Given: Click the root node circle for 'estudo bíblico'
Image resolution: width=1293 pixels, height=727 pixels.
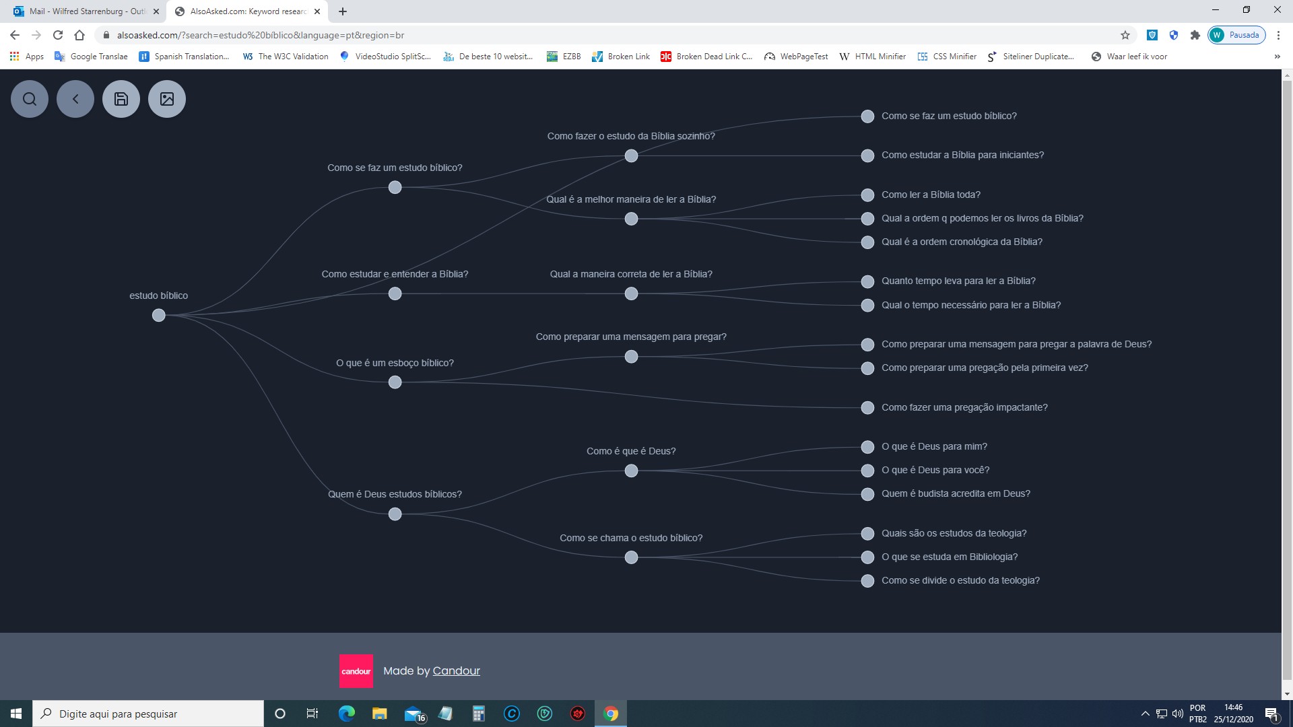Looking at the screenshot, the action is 158,315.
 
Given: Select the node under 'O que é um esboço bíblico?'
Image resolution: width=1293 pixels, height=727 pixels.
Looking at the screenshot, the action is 395,382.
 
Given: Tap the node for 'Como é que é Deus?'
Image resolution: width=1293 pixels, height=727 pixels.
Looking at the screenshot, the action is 631,471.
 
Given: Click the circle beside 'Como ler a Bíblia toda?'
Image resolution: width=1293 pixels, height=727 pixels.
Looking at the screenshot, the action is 868,195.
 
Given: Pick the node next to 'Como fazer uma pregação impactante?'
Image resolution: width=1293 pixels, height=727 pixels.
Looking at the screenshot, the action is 868,408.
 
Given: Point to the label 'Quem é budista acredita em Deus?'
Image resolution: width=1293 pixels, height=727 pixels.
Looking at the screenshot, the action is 956,493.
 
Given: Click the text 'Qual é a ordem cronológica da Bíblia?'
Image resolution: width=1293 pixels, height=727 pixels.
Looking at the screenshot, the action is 962,242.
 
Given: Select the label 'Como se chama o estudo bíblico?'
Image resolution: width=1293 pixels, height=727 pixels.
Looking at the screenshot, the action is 631,538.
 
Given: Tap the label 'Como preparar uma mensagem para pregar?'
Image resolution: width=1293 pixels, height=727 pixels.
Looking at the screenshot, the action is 631,337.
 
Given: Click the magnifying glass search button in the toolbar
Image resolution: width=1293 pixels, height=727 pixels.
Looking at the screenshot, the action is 30,99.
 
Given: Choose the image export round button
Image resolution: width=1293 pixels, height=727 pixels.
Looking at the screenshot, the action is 167,99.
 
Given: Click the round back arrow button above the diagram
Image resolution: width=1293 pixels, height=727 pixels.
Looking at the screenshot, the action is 75,99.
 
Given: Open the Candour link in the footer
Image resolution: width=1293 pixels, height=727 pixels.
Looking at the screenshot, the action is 457,670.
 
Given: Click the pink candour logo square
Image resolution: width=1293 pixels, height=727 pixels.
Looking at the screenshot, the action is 356,671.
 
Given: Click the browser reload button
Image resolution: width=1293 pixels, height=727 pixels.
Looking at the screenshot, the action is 58,35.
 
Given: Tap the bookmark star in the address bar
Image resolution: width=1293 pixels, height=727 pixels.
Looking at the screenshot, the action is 1125,35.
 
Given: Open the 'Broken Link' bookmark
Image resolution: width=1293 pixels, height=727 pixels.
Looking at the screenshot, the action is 621,57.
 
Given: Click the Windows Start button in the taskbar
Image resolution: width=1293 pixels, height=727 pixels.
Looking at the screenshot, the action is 16,714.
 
